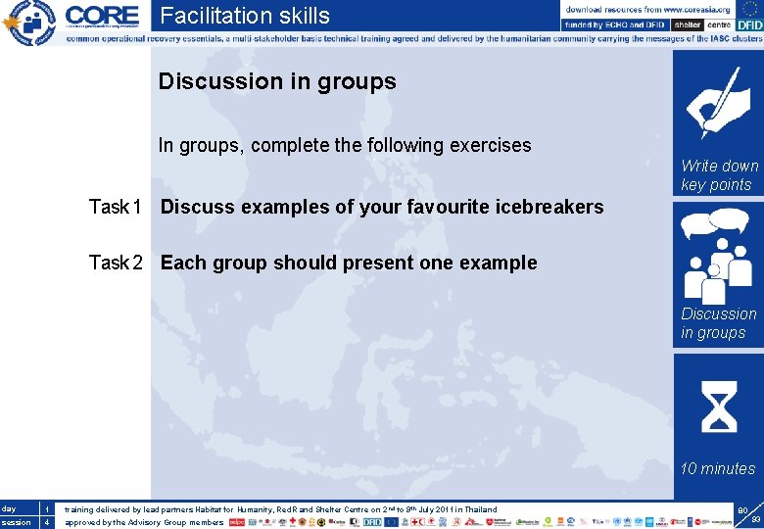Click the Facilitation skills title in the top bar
(245, 16)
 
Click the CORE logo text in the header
(102, 16)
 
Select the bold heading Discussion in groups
(277, 81)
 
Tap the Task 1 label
(116, 207)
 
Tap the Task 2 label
(116, 263)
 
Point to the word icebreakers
(548, 207)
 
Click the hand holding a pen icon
(717, 103)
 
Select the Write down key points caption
(719, 175)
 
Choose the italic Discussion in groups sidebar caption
(719, 323)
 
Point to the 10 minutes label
(718, 468)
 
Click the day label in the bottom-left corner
(9, 508)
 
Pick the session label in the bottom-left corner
(15, 522)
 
